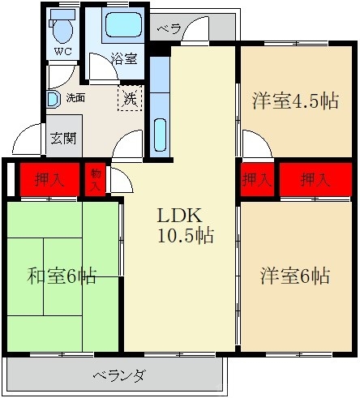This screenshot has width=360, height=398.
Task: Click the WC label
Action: (62, 51)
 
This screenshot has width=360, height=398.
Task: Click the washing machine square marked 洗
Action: (131, 99)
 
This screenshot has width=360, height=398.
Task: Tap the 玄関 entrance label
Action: (62, 136)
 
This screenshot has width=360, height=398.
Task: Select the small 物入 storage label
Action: (95, 180)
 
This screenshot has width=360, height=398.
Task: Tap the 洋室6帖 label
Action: (294, 276)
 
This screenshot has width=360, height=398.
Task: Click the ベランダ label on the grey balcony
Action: (118, 375)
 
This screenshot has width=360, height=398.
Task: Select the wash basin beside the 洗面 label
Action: (53, 99)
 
